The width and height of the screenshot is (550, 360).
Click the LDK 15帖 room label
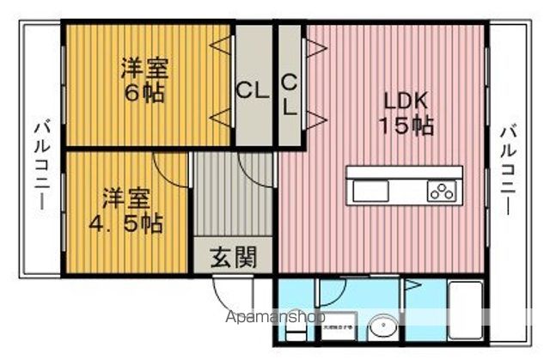click(405, 112)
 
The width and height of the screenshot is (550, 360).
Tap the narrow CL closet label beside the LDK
click(289, 95)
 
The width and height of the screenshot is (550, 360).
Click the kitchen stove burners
click(442, 191)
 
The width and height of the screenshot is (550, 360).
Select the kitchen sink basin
click(371, 189)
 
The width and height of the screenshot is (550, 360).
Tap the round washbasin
click(382, 327)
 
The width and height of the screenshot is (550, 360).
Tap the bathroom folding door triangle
click(413, 285)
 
